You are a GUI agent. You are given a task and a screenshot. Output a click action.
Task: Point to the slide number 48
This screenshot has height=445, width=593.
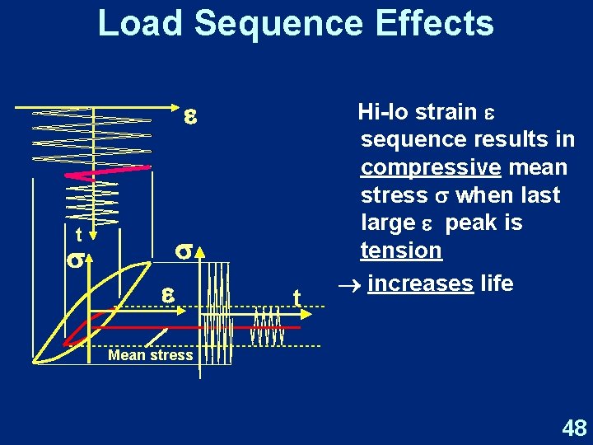point(573,428)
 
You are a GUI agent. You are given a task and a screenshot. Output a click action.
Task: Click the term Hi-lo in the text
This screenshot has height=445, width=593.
point(385,112)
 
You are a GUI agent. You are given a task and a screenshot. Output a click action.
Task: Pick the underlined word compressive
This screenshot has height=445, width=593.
point(431,168)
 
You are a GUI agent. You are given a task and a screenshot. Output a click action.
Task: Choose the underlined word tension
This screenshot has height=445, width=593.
point(401,250)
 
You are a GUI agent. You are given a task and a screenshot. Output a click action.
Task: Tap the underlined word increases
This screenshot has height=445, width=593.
point(420,283)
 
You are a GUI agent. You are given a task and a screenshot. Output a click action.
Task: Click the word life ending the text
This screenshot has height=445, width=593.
point(497,283)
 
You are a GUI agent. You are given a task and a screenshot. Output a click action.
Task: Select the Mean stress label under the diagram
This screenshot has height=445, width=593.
point(151,355)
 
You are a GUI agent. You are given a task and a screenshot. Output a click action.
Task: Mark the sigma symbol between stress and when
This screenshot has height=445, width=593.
point(441,196)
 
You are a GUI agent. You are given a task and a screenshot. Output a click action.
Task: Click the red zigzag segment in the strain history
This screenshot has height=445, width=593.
point(111,172)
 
